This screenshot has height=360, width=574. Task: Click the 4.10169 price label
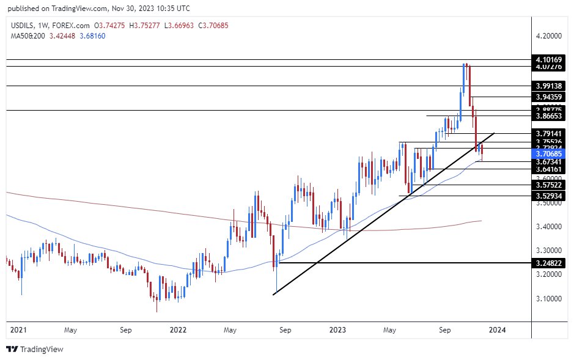pyautogui.click(x=548, y=59)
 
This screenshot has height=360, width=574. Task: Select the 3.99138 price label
pyautogui.click(x=548, y=86)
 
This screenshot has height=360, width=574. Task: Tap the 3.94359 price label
pyautogui.click(x=548, y=97)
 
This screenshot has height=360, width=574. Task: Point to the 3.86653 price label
pyautogui.click(x=548, y=116)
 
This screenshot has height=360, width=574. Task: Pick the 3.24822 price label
pyautogui.click(x=548, y=263)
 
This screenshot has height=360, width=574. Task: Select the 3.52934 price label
pyautogui.click(x=548, y=196)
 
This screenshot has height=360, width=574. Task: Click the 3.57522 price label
pyautogui.click(x=548, y=185)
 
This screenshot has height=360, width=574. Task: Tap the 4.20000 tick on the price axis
pyautogui.click(x=548, y=36)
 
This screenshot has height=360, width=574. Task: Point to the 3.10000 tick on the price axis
pyautogui.click(x=548, y=299)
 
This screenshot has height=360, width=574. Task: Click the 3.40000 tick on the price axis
pyautogui.click(x=548, y=227)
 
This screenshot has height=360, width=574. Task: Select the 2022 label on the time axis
pyautogui.click(x=178, y=330)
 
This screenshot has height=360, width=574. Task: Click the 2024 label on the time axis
pyautogui.click(x=498, y=330)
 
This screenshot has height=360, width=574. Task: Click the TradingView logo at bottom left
pyautogui.click(x=35, y=350)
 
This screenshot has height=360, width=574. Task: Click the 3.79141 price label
pyautogui.click(x=548, y=133)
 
